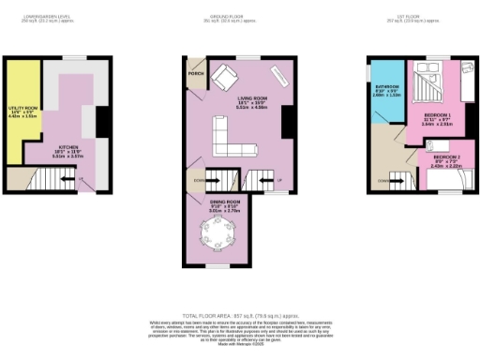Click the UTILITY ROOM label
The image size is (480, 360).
click(22, 112)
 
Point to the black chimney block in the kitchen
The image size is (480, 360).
click(101, 123)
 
